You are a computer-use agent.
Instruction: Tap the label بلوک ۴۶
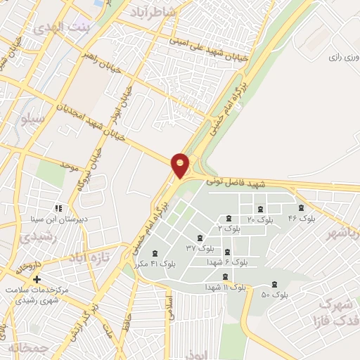click(x=302, y=219)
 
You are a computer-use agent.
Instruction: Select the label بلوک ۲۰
click(x=260, y=220)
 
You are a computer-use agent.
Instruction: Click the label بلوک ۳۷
click(x=200, y=248)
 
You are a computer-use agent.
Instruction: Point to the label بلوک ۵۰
click(x=275, y=294)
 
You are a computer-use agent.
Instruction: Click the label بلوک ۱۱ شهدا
click(x=225, y=287)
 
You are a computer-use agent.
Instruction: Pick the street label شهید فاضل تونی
click(x=237, y=183)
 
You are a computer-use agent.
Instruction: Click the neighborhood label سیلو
click(x=34, y=119)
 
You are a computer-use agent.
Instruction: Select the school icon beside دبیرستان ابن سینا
click(x=58, y=208)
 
